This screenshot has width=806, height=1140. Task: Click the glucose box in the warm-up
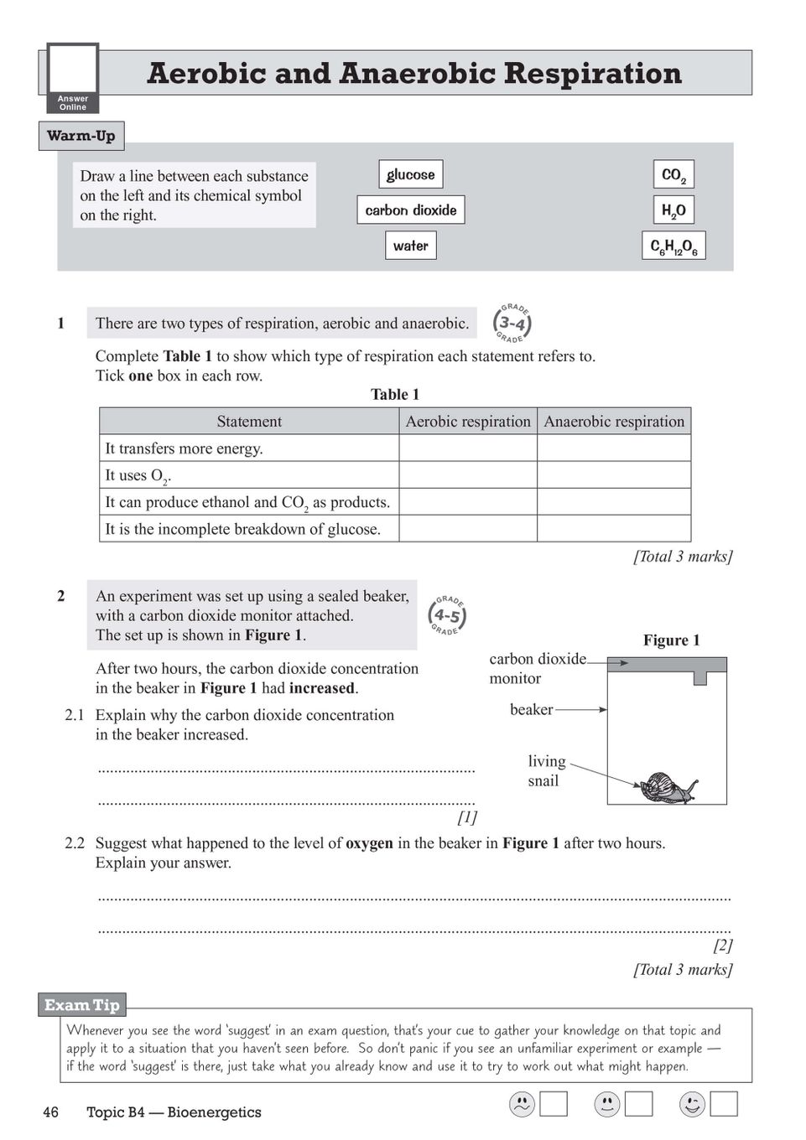click(x=410, y=174)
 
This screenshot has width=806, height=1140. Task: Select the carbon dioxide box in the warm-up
click(x=410, y=210)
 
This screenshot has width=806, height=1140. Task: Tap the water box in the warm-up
click(x=410, y=246)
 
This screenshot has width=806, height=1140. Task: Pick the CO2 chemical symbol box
click(x=673, y=174)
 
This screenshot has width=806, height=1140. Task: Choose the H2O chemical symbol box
click(x=673, y=210)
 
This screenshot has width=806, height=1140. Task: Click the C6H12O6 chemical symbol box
click(x=673, y=246)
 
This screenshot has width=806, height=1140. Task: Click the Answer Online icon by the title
click(x=73, y=78)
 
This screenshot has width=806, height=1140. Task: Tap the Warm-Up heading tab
click(x=81, y=136)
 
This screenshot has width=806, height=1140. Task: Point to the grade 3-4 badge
click(x=512, y=323)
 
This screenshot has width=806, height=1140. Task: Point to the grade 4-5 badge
click(x=447, y=615)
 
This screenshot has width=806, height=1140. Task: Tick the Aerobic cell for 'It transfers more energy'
click(x=468, y=448)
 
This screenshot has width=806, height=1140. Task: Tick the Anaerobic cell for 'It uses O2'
click(x=614, y=474)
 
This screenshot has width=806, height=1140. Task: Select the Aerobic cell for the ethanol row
click(x=468, y=501)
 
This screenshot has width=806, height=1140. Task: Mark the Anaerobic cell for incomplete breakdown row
click(x=614, y=528)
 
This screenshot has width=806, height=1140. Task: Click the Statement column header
click(x=249, y=421)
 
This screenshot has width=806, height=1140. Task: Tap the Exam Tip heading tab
click(x=81, y=1004)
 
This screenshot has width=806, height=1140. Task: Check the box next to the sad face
click(x=554, y=1104)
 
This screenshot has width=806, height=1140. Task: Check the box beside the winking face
click(x=724, y=1104)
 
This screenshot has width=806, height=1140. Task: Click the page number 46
click(x=50, y=1112)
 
